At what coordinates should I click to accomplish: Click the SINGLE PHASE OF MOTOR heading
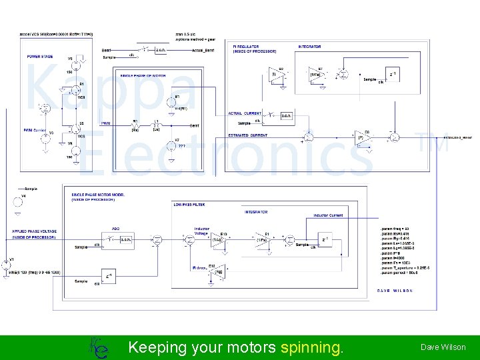143,75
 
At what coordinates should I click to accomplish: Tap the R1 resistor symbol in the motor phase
135,125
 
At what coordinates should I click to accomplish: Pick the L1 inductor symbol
157,125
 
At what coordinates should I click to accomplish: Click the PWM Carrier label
35,131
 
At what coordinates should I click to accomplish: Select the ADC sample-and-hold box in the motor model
125,239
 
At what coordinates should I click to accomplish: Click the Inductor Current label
329,215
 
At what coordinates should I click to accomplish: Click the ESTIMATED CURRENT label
248,135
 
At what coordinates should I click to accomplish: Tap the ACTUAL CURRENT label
245,113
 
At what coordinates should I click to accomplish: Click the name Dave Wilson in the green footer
443,347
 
